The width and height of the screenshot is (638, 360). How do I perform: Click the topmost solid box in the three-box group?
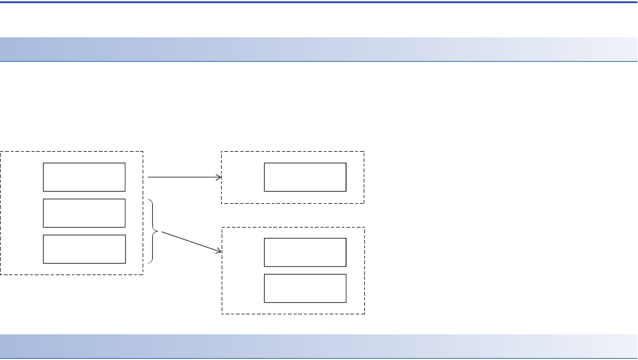tap(84, 177)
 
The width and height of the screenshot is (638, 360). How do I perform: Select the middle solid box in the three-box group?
tap(84, 213)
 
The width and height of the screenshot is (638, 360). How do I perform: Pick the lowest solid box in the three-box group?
tap(84, 249)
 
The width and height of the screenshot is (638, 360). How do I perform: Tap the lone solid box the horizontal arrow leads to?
tap(305, 177)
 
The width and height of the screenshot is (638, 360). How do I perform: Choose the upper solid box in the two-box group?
tap(305, 252)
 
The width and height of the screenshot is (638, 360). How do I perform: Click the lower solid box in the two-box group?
tap(305, 288)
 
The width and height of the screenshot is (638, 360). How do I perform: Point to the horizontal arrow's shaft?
tap(183, 177)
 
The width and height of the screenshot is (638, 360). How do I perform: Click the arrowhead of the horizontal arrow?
tap(218, 177)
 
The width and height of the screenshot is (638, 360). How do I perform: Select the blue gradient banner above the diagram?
tap(319, 50)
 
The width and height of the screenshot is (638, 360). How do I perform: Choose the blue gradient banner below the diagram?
tap(319, 346)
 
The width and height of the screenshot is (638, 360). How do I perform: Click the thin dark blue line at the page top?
tap(319, 2)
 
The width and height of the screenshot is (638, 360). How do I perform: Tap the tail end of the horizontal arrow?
tap(148, 177)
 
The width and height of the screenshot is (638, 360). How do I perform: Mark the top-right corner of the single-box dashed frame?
tap(364, 152)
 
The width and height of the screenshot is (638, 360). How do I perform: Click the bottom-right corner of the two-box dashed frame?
tap(364, 314)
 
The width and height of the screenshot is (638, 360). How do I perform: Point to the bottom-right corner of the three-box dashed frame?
tap(143, 274)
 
